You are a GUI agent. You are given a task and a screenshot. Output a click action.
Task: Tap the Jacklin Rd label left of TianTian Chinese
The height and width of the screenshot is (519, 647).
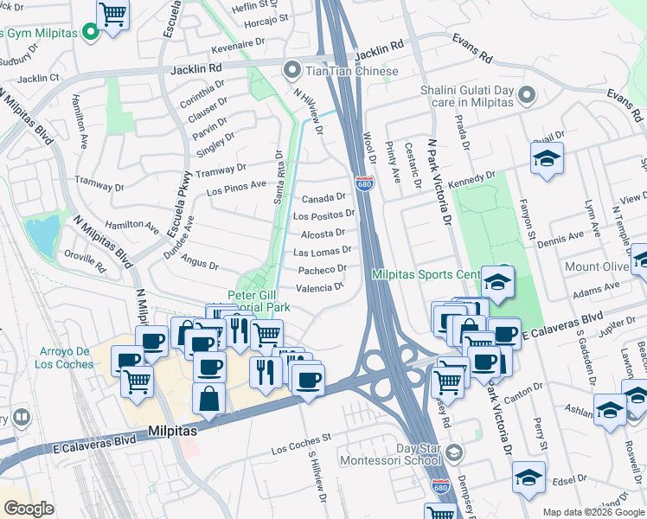pyautogui.click(x=196, y=67)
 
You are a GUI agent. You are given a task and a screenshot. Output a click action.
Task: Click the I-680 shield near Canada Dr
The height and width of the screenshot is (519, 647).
pyautogui.click(x=363, y=183)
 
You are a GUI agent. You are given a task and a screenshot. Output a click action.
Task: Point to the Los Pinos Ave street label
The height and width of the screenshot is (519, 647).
pyautogui.click(x=236, y=185)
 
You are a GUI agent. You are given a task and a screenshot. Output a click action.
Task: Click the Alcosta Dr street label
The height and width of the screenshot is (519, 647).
pyautogui.click(x=323, y=234)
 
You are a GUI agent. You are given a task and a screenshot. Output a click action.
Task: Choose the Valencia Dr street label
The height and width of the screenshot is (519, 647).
pyautogui.click(x=320, y=288)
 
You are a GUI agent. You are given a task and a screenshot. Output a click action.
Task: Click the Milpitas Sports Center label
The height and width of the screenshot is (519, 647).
pyautogui.click(x=426, y=275)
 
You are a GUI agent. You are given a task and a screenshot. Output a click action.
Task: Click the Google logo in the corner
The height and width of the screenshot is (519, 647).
pyautogui.click(x=29, y=509)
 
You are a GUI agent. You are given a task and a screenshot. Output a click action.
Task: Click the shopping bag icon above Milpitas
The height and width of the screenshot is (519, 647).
pyautogui.click(x=208, y=399)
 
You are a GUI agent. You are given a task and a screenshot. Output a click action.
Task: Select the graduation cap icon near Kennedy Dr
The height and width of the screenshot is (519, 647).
pyautogui.click(x=547, y=159)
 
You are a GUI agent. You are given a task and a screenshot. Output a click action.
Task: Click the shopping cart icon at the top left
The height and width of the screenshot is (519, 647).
pyautogui.click(x=113, y=15)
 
